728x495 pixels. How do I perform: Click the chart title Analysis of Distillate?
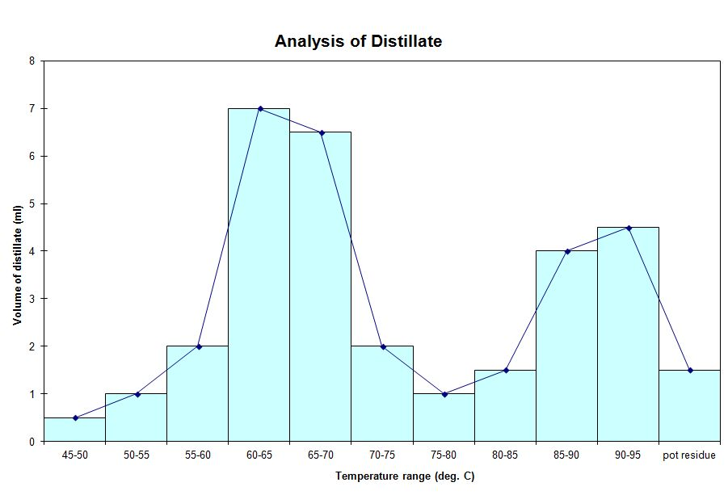tap(358, 41)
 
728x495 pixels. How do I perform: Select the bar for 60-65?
tap(259, 275)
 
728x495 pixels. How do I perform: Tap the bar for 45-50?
tap(75, 430)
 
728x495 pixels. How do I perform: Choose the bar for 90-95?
tap(628, 334)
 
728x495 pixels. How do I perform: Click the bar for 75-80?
tap(444, 417)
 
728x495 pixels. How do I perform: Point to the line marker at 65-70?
tap(321, 132)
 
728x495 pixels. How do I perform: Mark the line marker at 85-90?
tap(566, 251)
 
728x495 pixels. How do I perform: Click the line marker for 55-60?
tap(198, 346)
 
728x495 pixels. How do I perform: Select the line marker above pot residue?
tap(690, 370)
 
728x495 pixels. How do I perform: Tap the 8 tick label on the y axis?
tap(32, 61)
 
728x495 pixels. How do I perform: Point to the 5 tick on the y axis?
tap(32, 203)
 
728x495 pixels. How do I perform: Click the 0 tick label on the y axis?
tap(32, 442)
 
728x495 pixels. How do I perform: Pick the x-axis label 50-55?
tap(137, 455)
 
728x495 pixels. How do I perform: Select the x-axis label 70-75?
tap(382, 455)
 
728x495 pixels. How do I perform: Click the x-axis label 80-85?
tap(505, 455)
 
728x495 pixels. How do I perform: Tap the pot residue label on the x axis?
tap(689, 455)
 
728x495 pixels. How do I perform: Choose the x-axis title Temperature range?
tap(405, 476)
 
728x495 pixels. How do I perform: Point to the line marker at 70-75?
tap(382, 346)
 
